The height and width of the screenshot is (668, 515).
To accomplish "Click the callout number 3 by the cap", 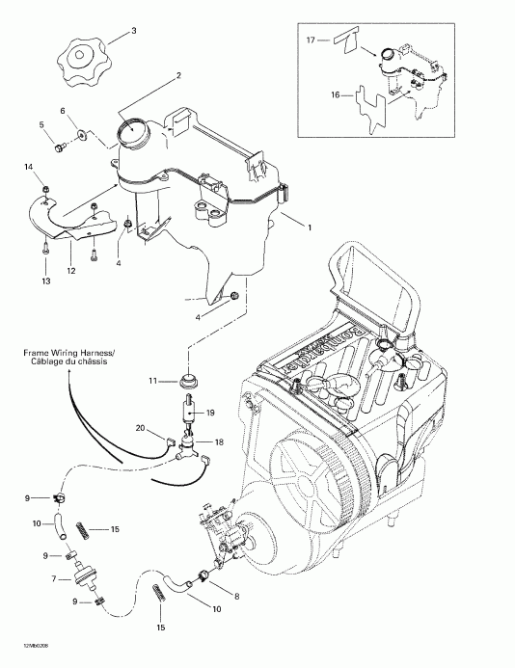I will click(133, 32).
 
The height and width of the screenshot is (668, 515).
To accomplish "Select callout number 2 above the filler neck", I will click(177, 75).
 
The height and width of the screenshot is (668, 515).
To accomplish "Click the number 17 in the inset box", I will click(311, 40).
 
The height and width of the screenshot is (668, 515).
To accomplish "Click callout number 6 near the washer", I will click(64, 111).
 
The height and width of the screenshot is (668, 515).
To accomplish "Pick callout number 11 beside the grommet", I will click(151, 382).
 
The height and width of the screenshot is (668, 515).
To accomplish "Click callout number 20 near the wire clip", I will click(141, 428).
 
